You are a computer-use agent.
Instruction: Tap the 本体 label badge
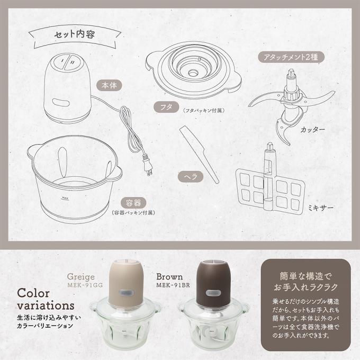[109, 85]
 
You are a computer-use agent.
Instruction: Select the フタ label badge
[166, 107]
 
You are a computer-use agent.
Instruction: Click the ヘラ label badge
[191, 177]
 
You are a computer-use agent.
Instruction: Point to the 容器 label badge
[133, 203]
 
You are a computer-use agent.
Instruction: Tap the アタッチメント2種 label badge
[291, 57]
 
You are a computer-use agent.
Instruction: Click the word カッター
[313, 130]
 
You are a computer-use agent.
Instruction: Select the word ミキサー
[321, 208]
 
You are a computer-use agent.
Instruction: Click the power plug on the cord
[147, 165]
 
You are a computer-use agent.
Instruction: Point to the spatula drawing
[199, 154]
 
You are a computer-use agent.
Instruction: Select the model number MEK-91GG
[85, 285]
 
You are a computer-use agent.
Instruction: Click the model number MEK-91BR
[173, 285]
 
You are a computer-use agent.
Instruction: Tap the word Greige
[81, 277]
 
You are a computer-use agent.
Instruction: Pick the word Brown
[169, 277]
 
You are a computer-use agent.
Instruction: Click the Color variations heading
[46, 299]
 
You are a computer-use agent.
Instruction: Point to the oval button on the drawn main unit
[61, 103]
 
